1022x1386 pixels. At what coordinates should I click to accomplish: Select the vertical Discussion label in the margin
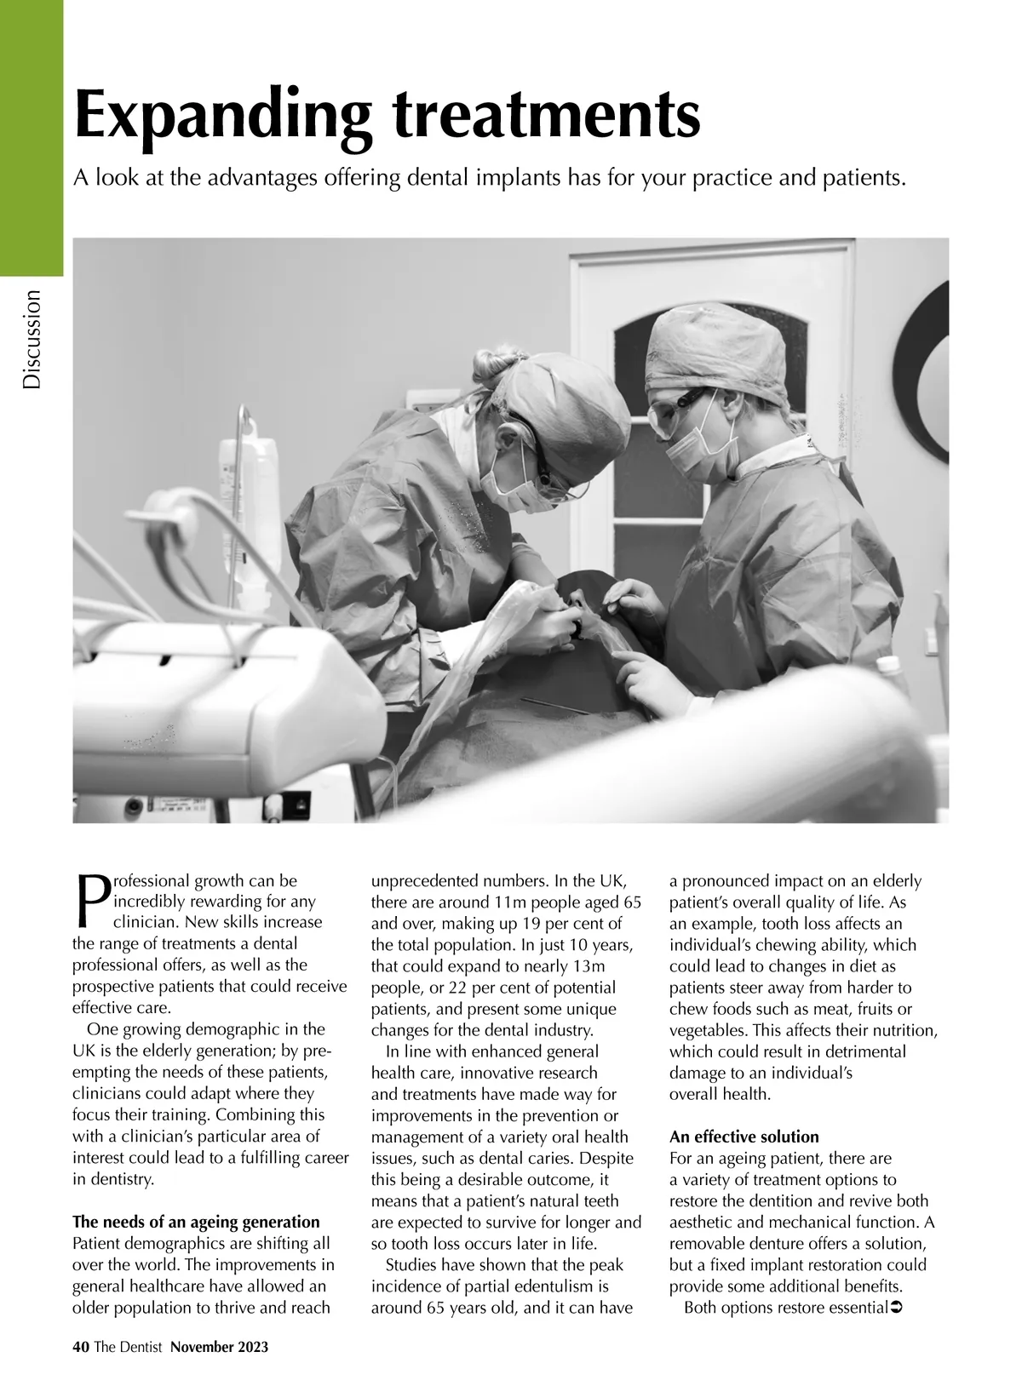pyautogui.click(x=32, y=340)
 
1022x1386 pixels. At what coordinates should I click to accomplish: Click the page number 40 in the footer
pyautogui.click(x=81, y=1347)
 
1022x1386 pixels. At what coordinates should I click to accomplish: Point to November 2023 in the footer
pyautogui.click(x=219, y=1347)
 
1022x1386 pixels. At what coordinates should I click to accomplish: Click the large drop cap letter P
pyautogui.click(x=90, y=901)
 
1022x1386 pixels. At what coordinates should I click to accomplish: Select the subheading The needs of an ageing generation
pyautogui.click(x=196, y=1223)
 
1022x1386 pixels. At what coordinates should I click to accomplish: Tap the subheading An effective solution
pyautogui.click(x=744, y=1137)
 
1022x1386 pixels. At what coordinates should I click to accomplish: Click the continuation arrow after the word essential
pyautogui.click(x=895, y=1307)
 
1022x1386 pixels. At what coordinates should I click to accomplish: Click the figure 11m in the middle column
pyautogui.click(x=512, y=902)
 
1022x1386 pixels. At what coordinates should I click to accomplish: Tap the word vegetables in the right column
pyautogui.click(x=708, y=1031)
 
